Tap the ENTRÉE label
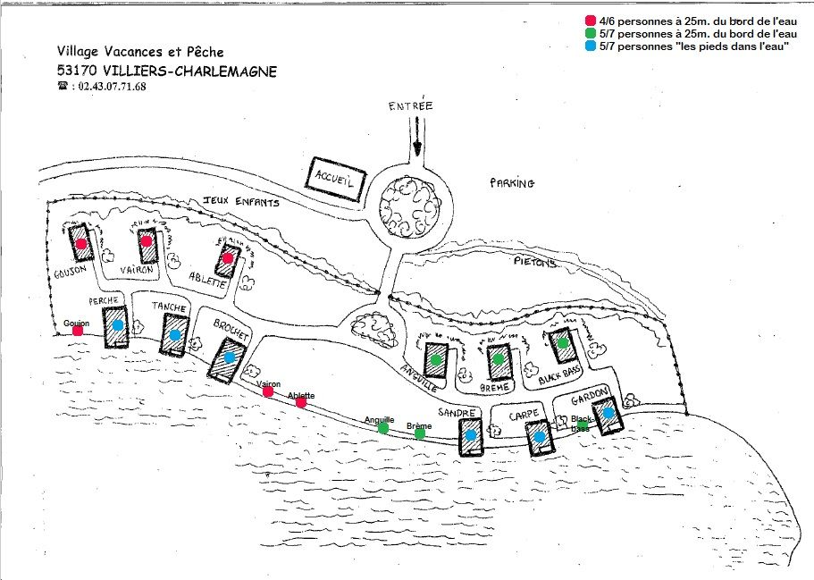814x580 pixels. tap(410, 106)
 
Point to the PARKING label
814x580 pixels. tap(512, 183)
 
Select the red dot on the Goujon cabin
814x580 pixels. tap(81, 243)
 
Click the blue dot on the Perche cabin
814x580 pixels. tap(117, 325)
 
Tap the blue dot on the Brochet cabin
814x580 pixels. tap(230, 357)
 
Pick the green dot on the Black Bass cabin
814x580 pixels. tap(563, 342)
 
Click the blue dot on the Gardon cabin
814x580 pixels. tap(608, 413)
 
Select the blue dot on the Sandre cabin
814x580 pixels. tap(471, 435)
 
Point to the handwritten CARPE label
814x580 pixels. tap(521, 416)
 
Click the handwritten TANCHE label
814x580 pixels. tap(170, 307)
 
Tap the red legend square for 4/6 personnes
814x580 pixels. tap(590, 20)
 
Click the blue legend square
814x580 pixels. tap(590, 46)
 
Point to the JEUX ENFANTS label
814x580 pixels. tap(241, 202)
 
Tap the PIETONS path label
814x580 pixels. tap(535, 263)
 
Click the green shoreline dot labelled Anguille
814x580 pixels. tap(383, 428)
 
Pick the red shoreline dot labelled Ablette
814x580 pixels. tap(301, 403)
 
